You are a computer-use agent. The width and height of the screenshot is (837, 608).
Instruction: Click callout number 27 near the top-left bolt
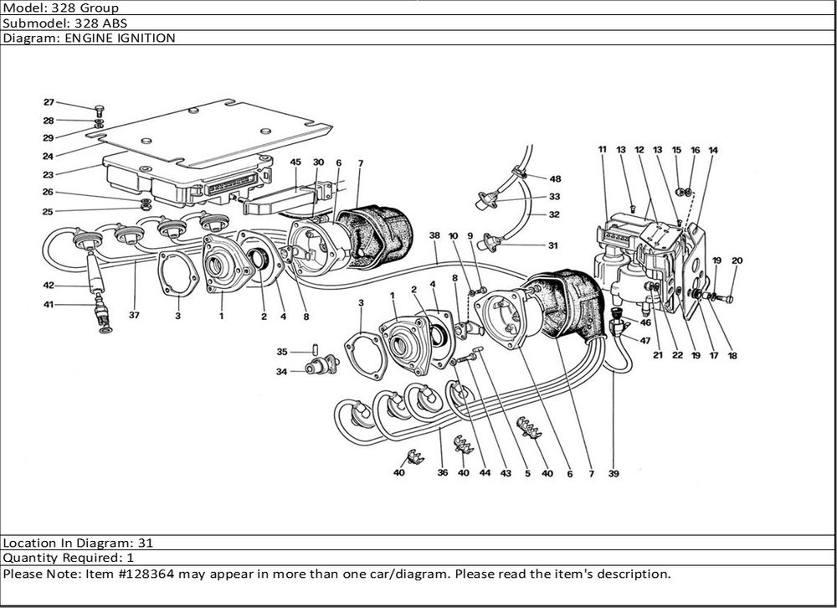pos(49,103)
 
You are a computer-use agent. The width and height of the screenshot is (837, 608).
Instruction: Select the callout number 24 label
pos(49,157)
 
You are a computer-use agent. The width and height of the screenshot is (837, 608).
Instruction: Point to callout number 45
pos(295,162)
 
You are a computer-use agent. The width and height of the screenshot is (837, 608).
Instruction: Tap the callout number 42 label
pos(49,286)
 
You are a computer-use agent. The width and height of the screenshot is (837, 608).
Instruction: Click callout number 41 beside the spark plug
pos(49,305)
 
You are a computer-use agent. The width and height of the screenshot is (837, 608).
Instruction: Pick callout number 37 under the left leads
pos(135,316)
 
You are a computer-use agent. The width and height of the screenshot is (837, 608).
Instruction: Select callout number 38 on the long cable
pos(434,236)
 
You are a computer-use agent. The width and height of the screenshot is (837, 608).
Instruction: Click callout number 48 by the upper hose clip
pos(555,178)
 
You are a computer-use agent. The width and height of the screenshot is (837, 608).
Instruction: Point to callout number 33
pos(555,198)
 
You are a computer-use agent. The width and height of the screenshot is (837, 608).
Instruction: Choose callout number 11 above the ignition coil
pos(602,149)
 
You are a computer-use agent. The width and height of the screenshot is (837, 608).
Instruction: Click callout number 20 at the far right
pos(737,260)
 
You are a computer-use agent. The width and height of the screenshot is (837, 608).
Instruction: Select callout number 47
pos(645,341)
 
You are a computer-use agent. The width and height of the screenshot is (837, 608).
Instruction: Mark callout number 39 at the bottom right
pos(614,474)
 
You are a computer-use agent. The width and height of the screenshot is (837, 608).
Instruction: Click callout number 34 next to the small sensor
pos(282,371)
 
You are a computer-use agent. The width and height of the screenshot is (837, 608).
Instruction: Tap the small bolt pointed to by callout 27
pos(100,110)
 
